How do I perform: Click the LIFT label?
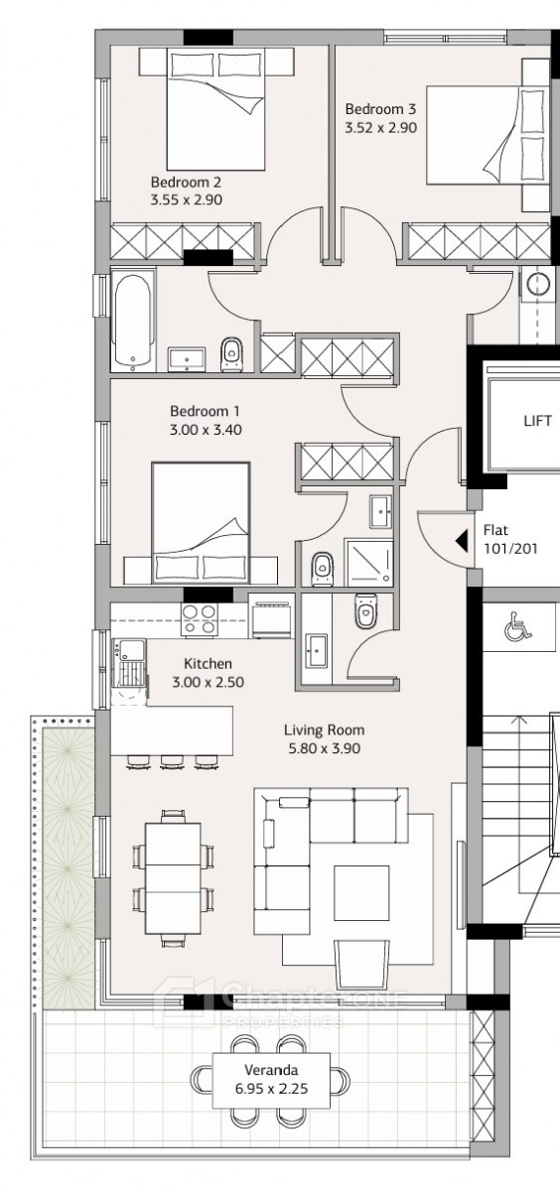point(537,421)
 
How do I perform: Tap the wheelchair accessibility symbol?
point(517,625)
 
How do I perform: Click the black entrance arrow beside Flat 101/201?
point(461,541)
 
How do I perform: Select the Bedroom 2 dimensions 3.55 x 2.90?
point(186,199)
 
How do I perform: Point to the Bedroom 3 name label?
point(380,109)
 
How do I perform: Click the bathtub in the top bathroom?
point(133,322)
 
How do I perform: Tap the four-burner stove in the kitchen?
point(199,619)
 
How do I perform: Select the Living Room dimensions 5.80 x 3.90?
point(325,748)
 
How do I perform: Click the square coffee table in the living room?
point(361,892)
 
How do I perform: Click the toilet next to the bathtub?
point(230,354)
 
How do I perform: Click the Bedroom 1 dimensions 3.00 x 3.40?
point(206,430)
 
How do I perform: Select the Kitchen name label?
point(208,664)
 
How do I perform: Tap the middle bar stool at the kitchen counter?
point(171,762)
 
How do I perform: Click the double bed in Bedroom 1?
point(201,522)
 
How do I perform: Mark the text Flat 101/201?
point(509,539)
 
